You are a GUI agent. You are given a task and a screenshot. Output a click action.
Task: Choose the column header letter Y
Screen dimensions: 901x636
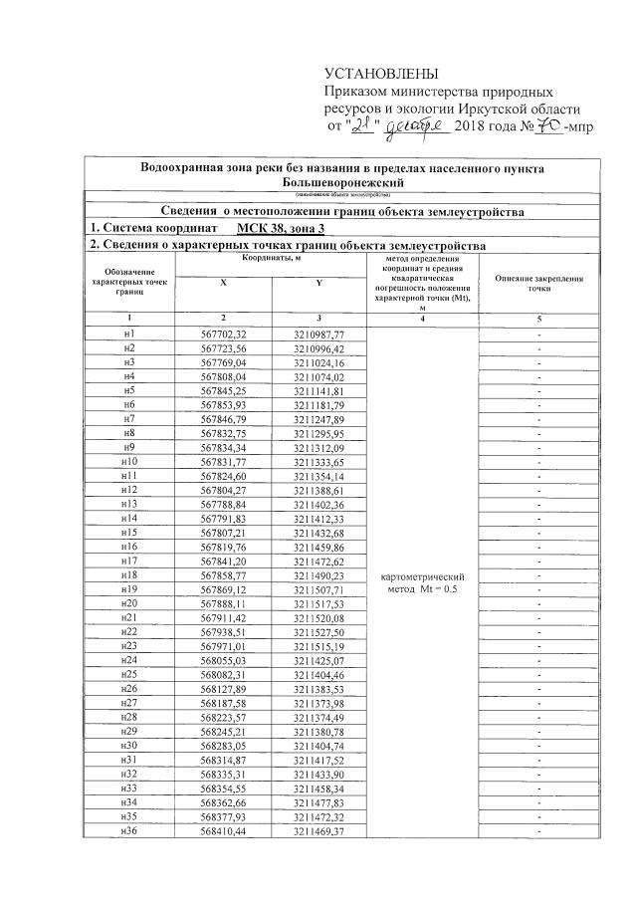coord(318,283)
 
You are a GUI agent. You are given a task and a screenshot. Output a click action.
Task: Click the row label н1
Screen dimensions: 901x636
coord(128,333)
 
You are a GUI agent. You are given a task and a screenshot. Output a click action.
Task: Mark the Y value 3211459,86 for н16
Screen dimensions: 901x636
coord(318,548)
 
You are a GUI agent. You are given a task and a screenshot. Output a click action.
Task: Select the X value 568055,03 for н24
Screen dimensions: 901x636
coord(222,662)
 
